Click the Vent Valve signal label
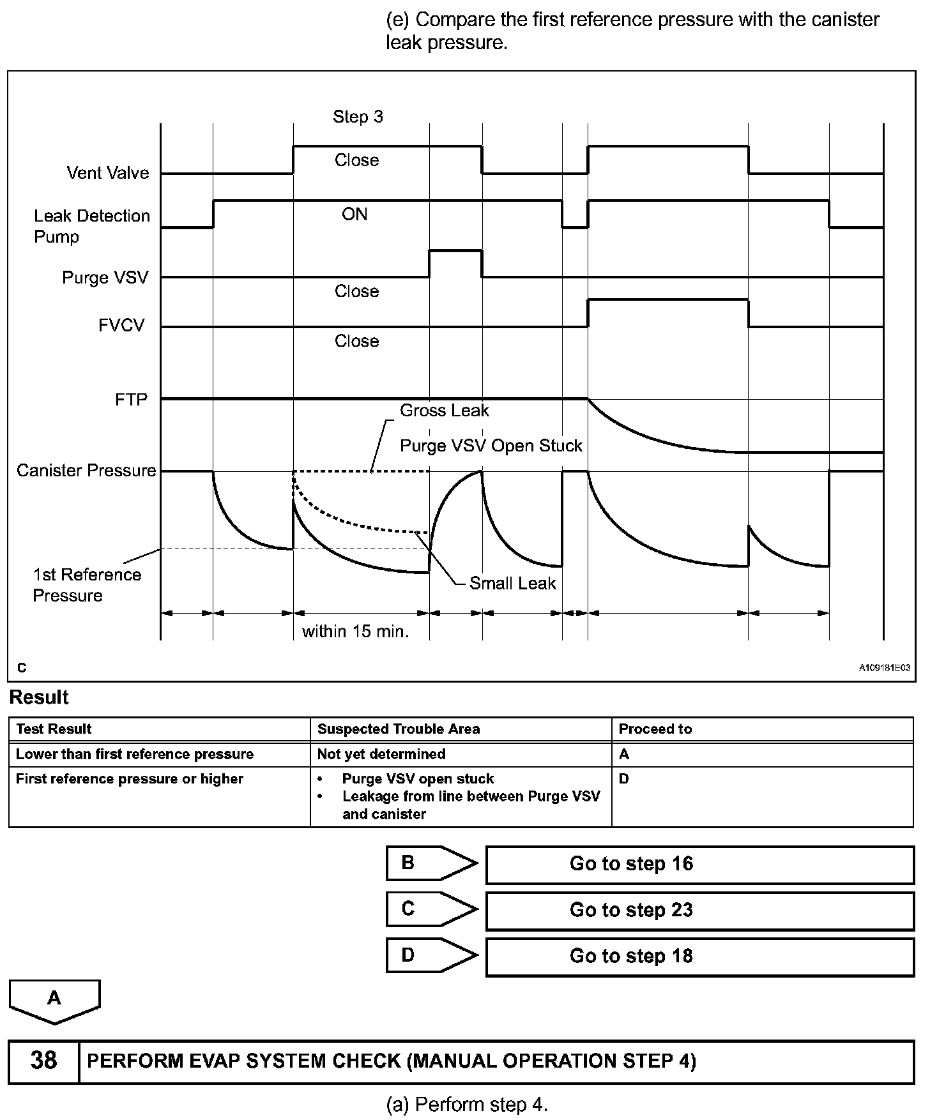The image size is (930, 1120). (x=107, y=172)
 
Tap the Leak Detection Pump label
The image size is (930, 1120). (x=91, y=226)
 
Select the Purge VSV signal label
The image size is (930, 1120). (x=105, y=278)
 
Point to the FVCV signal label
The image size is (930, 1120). (x=121, y=326)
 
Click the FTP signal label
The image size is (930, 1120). (x=131, y=400)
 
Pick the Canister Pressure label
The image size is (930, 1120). (x=86, y=471)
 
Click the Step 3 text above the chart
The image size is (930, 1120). (x=358, y=117)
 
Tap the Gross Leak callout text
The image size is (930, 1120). (x=444, y=411)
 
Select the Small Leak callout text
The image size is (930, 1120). (x=512, y=583)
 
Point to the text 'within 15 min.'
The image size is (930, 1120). (x=355, y=632)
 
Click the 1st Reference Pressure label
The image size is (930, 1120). (x=87, y=585)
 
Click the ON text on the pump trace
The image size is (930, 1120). (x=354, y=215)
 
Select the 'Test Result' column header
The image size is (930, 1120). (x=54, y=729)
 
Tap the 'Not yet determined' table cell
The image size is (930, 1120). (x=381, y=754)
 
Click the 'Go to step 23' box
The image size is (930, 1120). (x=699, y=910)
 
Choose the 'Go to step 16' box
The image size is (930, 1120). (x=699, y=864)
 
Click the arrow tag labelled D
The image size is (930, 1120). (x=431, y=955)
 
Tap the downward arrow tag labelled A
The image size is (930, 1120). (x=54, y=1000)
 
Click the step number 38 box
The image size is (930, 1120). (x=43, y=1061)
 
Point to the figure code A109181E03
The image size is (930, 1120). (x=884, y=668)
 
